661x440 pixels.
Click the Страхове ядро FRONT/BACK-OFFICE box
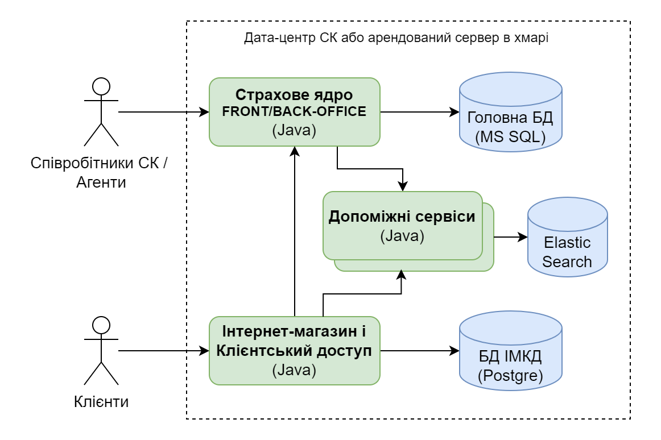click(x=294, y=111)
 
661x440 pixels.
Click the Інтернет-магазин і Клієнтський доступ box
click(x=294, y=351)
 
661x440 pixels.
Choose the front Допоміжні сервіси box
click(x=402, y=225)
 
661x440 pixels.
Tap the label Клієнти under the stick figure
click(x=101, y=402)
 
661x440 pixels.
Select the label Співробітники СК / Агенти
click(x=101, y=173)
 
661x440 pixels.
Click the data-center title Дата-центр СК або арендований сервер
click(x=396, y=38)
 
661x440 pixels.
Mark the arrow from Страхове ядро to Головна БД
click(x=420, y=112)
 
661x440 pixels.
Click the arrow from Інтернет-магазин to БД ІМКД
click(x=420, y=351)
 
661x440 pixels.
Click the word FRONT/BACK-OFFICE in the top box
click(x=294, y=111)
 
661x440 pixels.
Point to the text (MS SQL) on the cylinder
click(x=510, y=137)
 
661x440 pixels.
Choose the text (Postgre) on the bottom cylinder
click(x=510, y=376)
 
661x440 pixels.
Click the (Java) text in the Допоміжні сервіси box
click(x=402, y=236)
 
